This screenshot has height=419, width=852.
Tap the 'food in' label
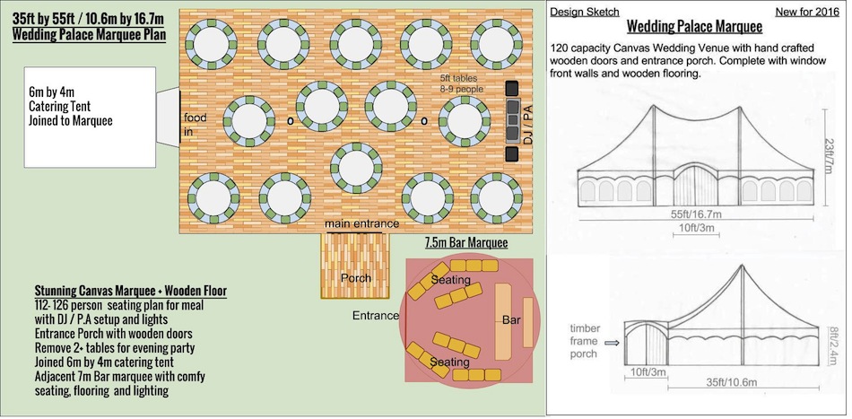195,125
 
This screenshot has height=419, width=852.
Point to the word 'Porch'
356,278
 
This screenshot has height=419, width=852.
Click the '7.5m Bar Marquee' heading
466,243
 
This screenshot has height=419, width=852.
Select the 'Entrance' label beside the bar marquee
376,316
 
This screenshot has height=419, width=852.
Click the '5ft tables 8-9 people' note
461,84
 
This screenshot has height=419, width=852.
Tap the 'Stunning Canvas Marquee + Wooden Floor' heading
131,292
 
